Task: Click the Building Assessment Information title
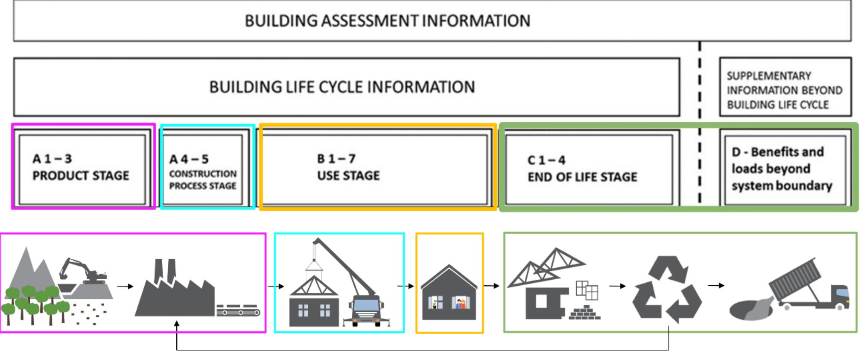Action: (387, 20)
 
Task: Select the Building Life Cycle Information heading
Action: (342, 87)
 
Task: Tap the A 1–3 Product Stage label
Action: (80, 167)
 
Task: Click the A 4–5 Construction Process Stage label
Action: (202, 173)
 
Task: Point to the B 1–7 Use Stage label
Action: (348, 167)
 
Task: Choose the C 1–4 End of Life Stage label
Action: (582, 169)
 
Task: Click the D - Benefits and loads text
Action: (781, 169)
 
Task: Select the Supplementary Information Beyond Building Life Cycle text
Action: (784, 90)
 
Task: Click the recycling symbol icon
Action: (666, 289)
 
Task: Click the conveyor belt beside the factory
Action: (238, 311)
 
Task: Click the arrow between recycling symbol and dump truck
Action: (716, 285)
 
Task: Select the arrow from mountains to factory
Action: (125, 286)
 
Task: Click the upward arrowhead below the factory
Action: (177, 325)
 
